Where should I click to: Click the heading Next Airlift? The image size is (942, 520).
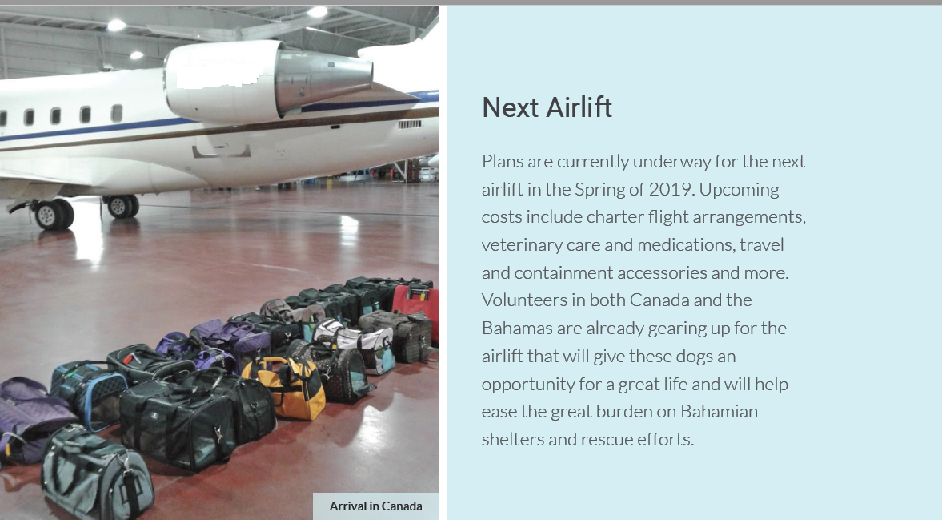click(x=547, y=107)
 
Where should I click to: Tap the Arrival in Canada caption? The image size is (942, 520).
click(x=375, y=506)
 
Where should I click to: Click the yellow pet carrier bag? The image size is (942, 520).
click(x=284, y=386)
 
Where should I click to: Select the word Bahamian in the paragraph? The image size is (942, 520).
click(x=719, y=412)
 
